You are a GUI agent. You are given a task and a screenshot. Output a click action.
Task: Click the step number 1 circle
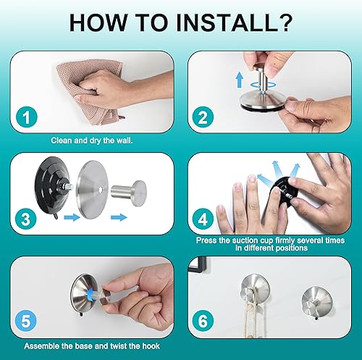[x=27, y=117]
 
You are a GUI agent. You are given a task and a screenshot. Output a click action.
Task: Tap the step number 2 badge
[x=203, y=117]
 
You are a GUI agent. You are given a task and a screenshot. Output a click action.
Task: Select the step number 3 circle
[x=26, y=219]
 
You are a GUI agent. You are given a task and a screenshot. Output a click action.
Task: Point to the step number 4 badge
[x=203, y=219]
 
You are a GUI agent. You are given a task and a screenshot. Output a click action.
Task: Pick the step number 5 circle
[x=26, y=321]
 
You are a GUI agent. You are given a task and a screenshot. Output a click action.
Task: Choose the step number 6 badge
[x=203, y=321]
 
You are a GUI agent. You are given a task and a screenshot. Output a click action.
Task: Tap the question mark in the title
[x=286, y=23]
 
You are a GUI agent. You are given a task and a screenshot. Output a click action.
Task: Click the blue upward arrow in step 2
[x=240, y=80]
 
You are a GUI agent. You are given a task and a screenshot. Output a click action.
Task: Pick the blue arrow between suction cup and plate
[x=72, y=217]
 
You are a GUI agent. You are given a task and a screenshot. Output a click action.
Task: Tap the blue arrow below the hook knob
[x=119, y=217]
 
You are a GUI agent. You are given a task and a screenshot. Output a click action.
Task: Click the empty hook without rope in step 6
[x=317, y=302]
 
